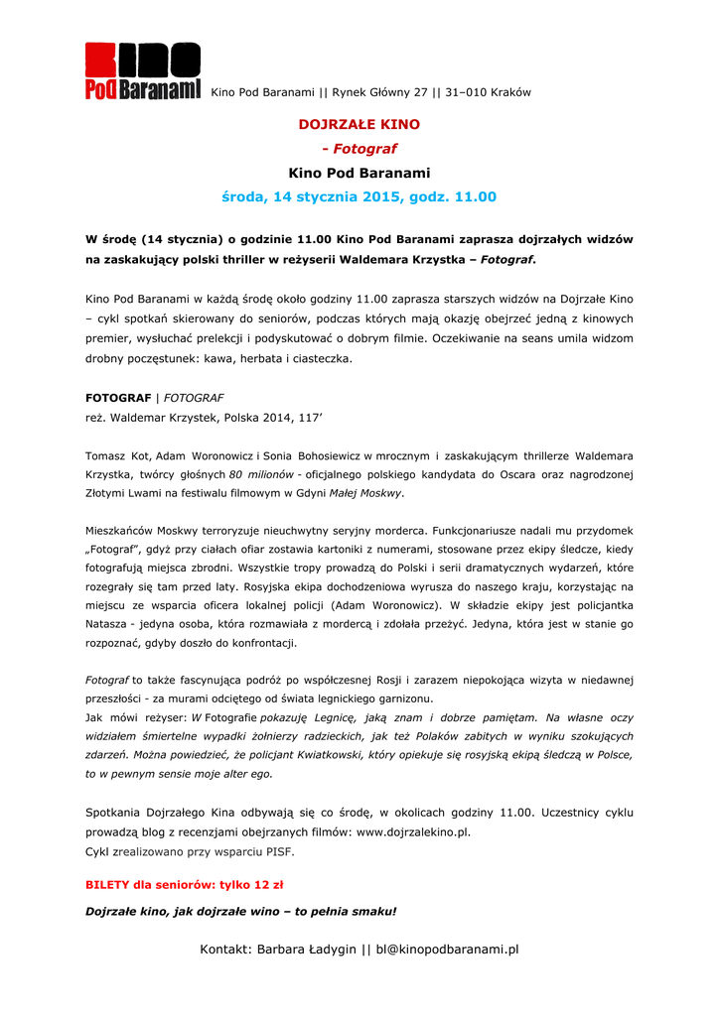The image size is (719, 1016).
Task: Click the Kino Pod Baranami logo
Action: coord(142,71)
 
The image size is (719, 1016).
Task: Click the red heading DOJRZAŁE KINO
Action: coord(359,125)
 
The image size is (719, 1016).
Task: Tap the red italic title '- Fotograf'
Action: coord(359,149)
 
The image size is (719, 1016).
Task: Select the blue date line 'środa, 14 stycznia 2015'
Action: coord(359,197)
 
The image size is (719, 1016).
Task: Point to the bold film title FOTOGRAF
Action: coord(118,398)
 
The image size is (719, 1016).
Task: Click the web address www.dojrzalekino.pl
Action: coord(413,832)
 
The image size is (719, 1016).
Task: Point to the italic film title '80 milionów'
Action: coord(262,474)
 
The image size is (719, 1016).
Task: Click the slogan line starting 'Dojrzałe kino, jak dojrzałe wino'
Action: coord(241,911)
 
